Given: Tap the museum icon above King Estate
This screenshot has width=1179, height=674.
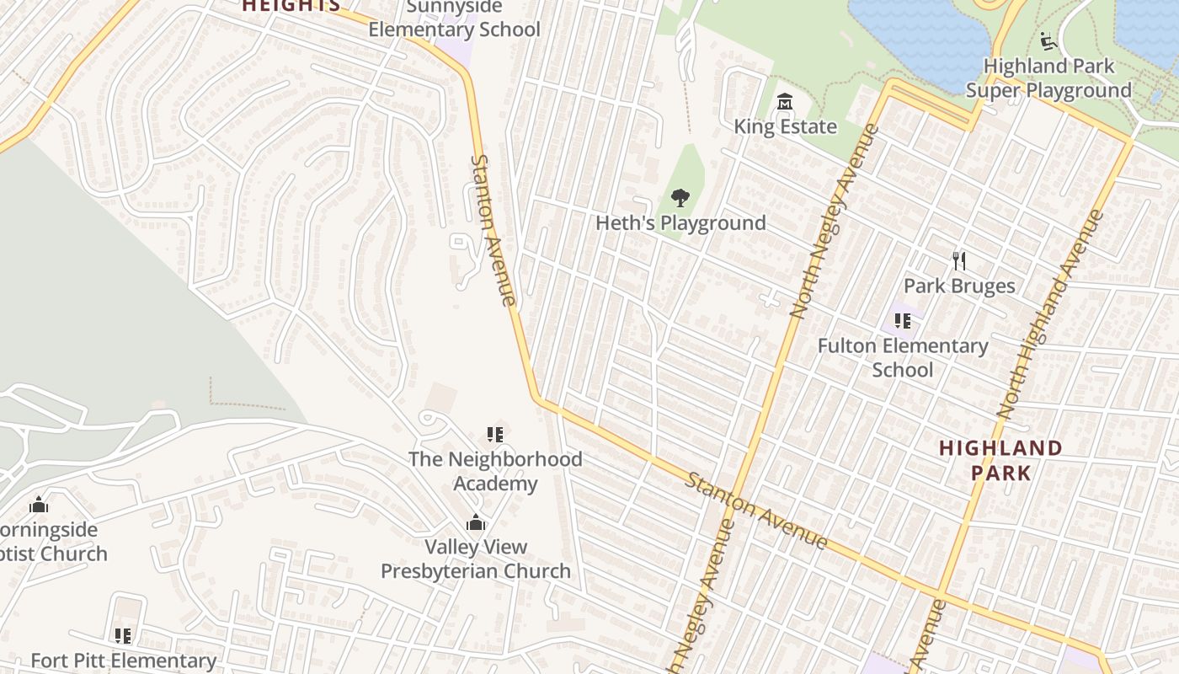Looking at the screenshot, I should [x=785, y=103].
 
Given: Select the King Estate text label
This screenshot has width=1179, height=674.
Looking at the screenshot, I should [x=785, y=127].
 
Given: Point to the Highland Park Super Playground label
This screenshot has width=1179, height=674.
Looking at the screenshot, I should [x=1048, y=78].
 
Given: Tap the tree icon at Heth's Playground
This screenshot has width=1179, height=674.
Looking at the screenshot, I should [x=680, y=199].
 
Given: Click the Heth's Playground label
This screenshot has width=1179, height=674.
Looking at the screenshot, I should [x=680, y=223].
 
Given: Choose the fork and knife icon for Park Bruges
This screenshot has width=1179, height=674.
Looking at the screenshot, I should [x=958, y=261].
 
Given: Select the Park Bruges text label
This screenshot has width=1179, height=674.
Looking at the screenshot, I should [x=958, y=286].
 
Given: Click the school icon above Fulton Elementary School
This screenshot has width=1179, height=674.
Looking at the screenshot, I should [x=903, y=321].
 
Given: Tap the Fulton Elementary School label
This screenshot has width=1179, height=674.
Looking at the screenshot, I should [x=903, y=357].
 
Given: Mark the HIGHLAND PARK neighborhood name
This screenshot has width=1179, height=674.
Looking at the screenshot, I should [x=1000, y=460].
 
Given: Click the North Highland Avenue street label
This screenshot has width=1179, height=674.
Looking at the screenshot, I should [x=1049, y=313].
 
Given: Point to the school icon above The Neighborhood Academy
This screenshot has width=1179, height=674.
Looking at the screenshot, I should [x=495, y=435].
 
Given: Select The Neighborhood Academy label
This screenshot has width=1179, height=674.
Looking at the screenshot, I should [x=495, y=471].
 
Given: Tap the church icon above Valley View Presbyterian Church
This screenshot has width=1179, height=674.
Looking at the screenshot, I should [x=476, y=522].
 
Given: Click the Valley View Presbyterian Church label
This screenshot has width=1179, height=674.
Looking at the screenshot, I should [x=476, y=559].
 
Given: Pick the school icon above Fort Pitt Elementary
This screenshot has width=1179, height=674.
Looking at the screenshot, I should [x=123, y=636].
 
